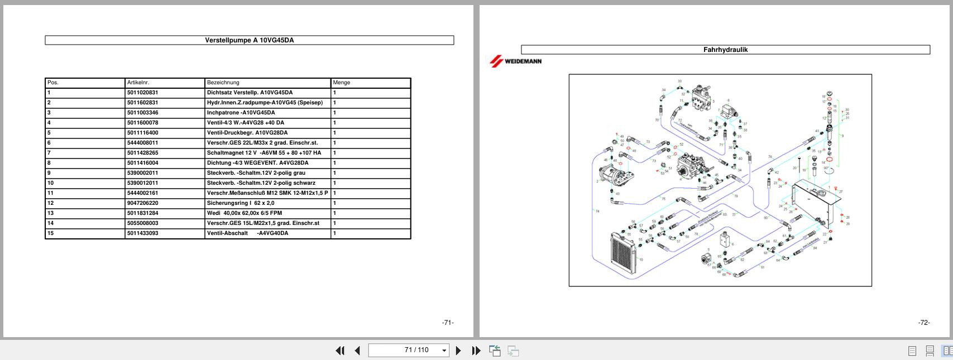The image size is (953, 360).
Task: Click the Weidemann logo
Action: click(x=515, y=61)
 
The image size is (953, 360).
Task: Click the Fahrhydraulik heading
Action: click(x=725, y=50)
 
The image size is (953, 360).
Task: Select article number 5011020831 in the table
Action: click(x=142, y=93)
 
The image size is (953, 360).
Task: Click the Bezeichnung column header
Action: click(x=223, y=83)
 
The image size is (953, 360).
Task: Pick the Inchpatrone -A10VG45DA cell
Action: click(x=241, y=113)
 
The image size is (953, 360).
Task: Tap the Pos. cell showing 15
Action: click(x=51, y=233)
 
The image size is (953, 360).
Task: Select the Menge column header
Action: click(x=341, y=83)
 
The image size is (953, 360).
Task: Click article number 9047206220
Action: click(x=142, y=203)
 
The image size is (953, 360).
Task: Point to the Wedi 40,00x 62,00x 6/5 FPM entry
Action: click(x=244, y=213)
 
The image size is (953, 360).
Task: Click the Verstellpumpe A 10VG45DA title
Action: click(x=249, y=40)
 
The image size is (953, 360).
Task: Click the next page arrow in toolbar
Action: click(x=458, y=351)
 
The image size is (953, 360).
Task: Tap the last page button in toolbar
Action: click(x=476, y=351)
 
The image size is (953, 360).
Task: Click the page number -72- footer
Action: click(x=923, y=323)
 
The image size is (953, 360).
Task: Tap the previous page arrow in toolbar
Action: click(x=357, y=351)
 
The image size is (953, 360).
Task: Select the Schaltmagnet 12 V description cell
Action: click(x=264, y=153)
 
